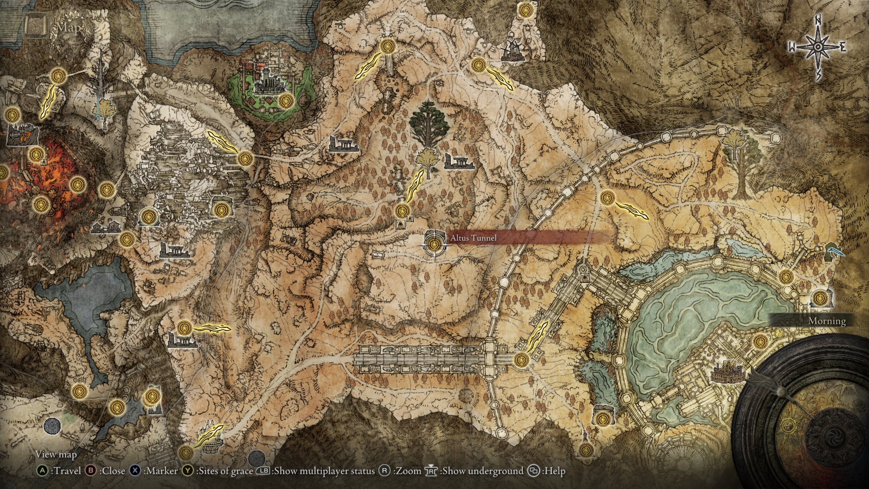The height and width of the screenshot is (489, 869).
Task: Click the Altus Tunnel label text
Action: point(473,238)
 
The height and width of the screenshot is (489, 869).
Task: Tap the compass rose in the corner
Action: point(818,47)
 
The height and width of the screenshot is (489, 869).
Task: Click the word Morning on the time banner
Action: point(827,321)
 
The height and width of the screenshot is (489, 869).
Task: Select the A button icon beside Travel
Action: point(42,471)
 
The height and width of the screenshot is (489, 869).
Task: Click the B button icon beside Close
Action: point(91,471)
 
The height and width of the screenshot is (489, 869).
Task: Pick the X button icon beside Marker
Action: point(135,471)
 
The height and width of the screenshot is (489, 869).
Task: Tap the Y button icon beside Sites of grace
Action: point(187,471)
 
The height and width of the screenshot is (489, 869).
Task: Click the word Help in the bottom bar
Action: point(554,471)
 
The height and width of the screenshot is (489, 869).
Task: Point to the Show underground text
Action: point(482,471)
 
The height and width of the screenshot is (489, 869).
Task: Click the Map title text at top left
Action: point(69,28)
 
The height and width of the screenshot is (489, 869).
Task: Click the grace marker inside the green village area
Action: point(284,101)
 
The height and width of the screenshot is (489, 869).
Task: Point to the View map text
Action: point(56,454)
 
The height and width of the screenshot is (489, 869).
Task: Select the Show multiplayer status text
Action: point(324,471)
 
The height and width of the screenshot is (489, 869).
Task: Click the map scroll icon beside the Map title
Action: point(36,26)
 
